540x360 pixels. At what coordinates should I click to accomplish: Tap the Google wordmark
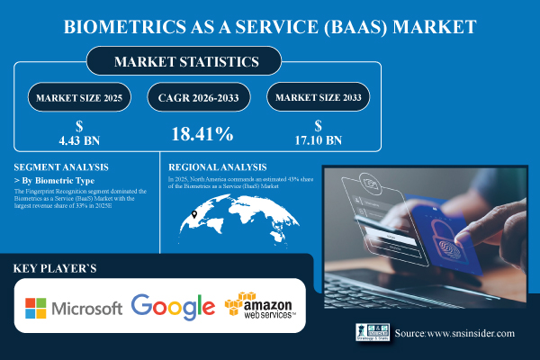point(173,307)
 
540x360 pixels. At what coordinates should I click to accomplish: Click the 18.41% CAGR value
point(202,135)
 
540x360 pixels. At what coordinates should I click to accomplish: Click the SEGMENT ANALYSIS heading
point(62,167)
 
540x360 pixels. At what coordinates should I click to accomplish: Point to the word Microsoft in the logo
point(86,308)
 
